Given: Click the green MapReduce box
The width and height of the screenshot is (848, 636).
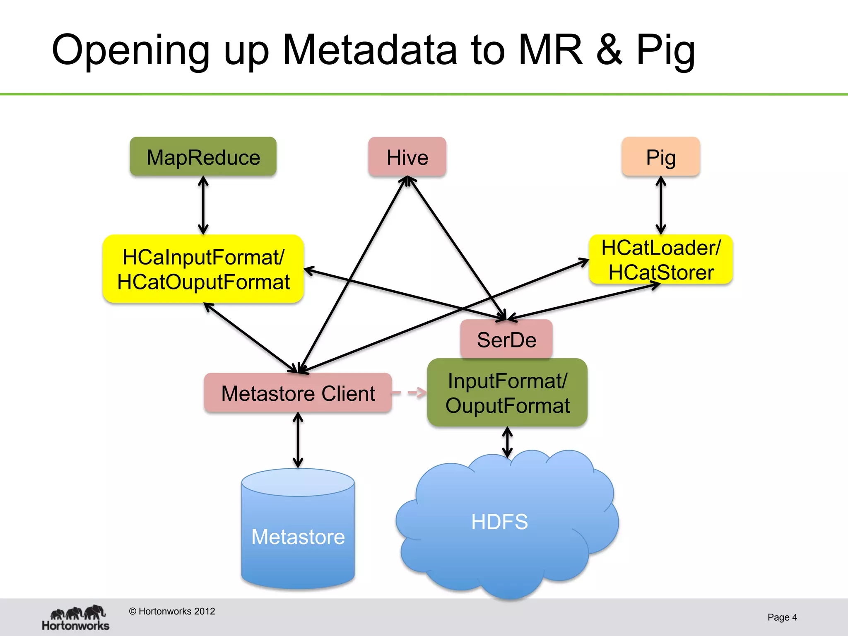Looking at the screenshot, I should pyautogui.click(x=203, y=157).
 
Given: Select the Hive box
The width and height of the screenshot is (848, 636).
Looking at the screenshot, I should pyautogui.click(x=407, y=157).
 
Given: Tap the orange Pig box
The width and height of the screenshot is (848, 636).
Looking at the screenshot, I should pyautogui.click(x=661, y=157).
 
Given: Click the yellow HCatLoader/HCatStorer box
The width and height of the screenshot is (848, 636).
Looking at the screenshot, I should pyautogui.click(x=661, y=260).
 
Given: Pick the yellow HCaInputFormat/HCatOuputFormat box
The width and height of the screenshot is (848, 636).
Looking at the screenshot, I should pyautogui.click(x=203, y=269).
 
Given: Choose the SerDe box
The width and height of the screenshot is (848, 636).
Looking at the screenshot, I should pyautogui.click(x=506, y=339).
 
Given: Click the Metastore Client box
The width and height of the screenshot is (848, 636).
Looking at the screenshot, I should pyautogui.click(x=298, y=393).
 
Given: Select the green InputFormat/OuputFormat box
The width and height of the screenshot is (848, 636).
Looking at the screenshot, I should pyautogui.click(x=507, y=393).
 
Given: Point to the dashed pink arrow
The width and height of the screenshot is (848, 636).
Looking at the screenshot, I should pyautogui.click(x=409, y=392).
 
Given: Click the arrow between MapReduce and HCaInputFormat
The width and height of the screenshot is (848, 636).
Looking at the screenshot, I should pyautogui.click(x=203, y=205).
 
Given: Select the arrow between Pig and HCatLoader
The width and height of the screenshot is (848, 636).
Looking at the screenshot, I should pyautogui.click(x=661, y=205).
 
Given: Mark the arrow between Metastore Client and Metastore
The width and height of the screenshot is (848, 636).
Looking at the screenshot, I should pyautogui.click(x=298, y=440).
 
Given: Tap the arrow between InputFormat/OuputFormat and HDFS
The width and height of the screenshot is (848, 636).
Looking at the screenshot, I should pyautogui.click(x=507, y=442).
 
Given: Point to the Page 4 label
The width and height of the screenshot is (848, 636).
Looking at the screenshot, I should pyautogui.click(x=782, y=617).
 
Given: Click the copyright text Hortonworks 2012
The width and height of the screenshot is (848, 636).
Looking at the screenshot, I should pyautogui.click(x=172, y=611).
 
